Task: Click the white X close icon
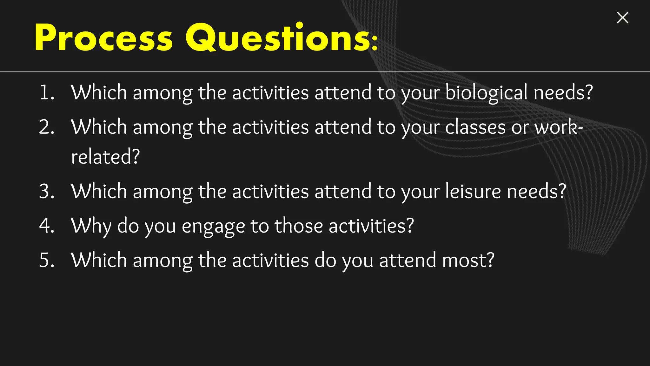point(622,18)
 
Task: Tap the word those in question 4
point(299,226)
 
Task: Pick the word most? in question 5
point(468,261)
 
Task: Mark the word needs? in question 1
point(563,93)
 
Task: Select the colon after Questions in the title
point(375,43)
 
